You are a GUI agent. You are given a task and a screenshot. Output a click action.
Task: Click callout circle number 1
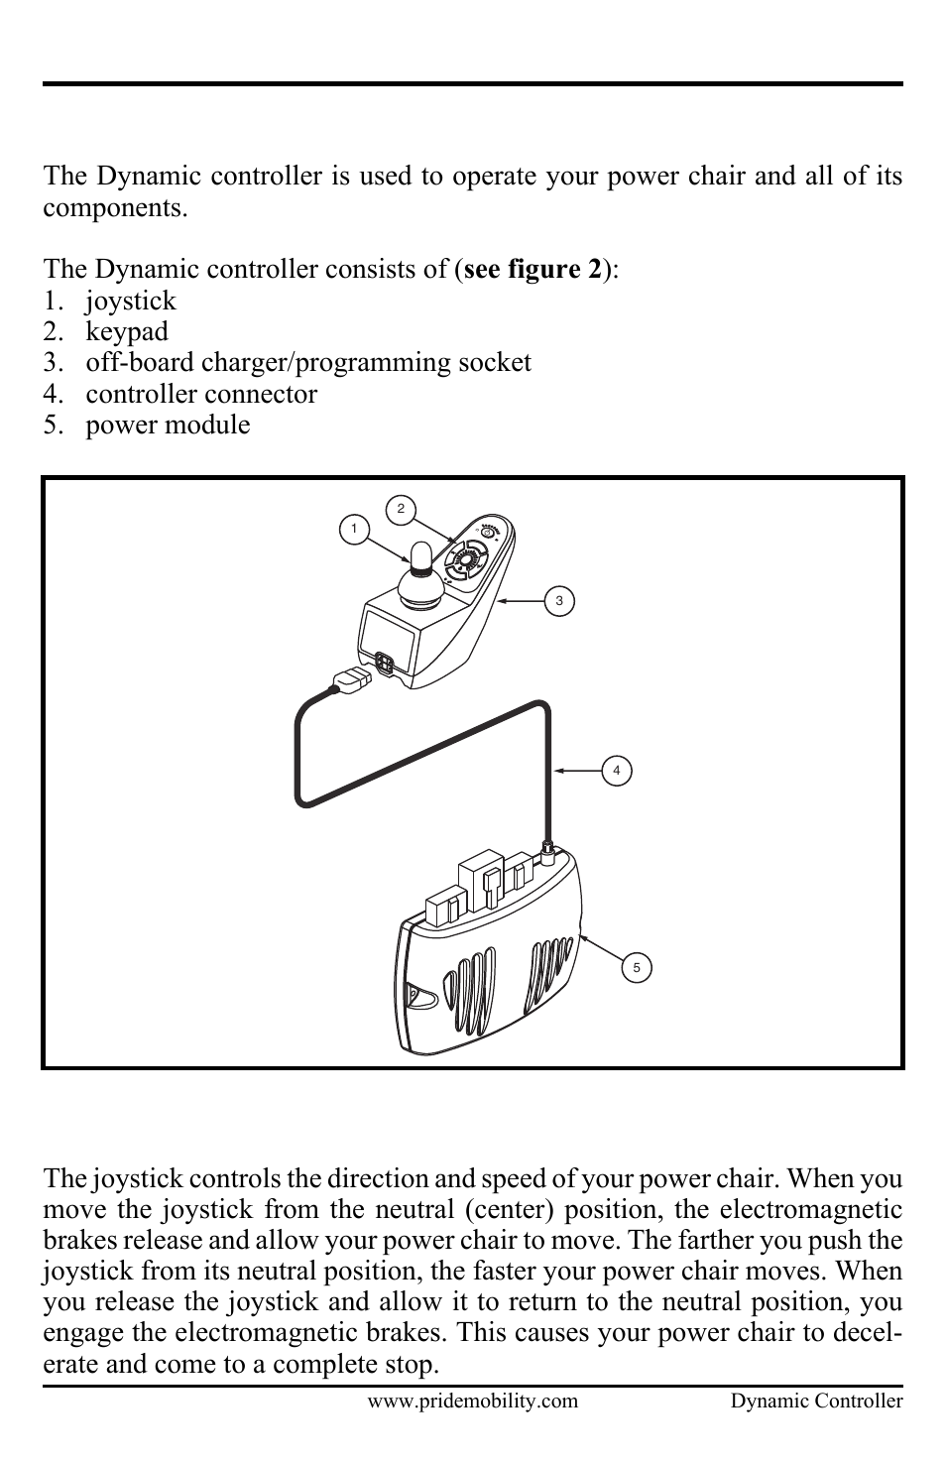coord(353,529)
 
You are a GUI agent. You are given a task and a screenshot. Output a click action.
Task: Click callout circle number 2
coord(400,510)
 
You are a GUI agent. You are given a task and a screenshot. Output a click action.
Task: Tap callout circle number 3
coord(559,601)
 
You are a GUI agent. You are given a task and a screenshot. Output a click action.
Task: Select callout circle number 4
coord(617,771)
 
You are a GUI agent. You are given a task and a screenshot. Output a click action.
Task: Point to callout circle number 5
coord(637,968)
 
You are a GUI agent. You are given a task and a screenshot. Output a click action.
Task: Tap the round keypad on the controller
coord(466,561)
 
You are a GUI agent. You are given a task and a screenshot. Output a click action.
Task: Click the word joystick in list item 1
coord(130,301)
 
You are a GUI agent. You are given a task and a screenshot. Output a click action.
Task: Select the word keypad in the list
coord(126,331)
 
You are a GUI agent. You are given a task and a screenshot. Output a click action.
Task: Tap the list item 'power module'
coord(168,425)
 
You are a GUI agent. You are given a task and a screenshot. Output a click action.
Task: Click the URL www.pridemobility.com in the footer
coord(472,1401)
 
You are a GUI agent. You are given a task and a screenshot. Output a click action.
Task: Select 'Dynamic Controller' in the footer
coord(816,1401)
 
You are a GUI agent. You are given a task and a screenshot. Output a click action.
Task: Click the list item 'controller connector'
coord(201,394)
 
